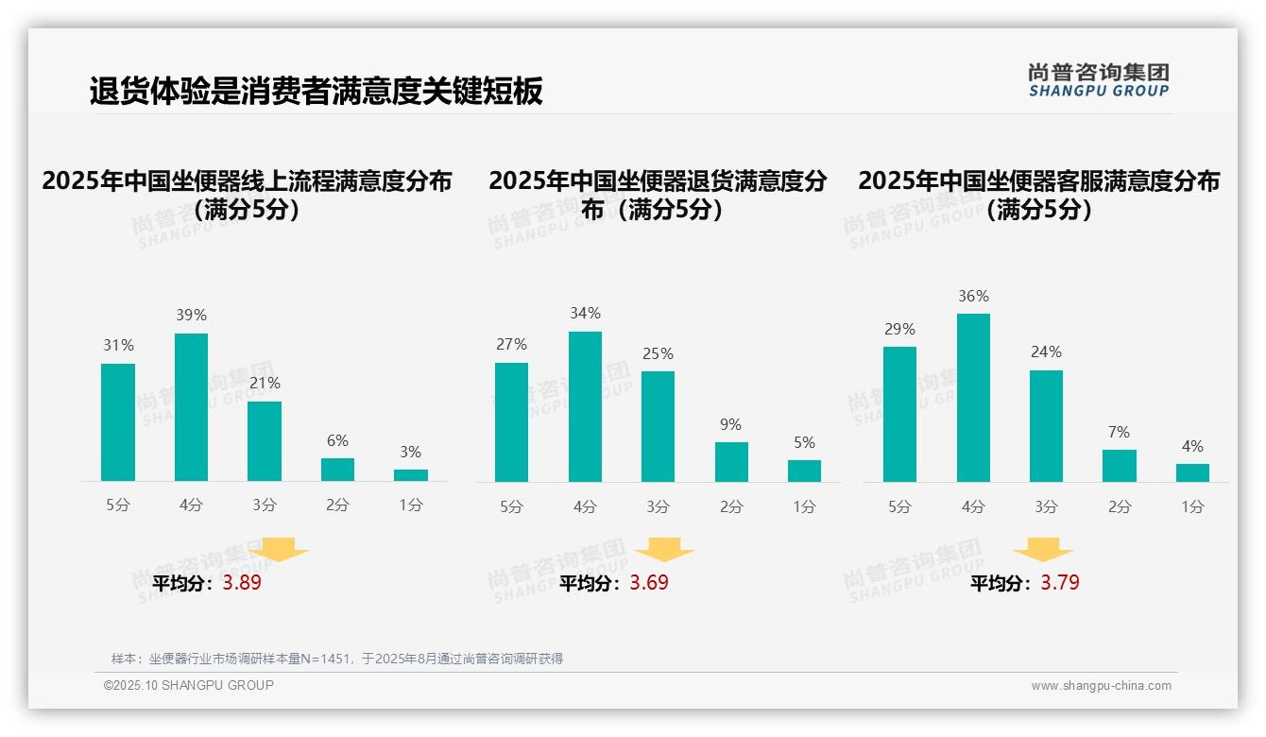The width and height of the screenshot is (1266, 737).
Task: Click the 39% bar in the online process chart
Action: pos(191,407)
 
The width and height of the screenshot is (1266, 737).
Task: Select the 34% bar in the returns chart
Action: pos(585,406)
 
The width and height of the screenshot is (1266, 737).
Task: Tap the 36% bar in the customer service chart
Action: pos(973,398)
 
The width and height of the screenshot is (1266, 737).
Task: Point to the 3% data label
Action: pos(410,453)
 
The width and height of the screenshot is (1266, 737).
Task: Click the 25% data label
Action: pos(658,353)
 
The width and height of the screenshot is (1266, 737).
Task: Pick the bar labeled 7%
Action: pos(1119,466)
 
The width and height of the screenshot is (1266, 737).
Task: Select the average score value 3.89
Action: pos(242,583)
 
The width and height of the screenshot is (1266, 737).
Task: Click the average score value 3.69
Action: pos(649,583)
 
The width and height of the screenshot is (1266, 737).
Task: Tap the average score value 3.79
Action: pos(1060,583)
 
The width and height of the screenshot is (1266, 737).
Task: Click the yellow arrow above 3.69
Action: pos(665,550)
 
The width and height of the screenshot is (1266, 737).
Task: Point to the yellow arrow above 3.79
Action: pos(1043,550)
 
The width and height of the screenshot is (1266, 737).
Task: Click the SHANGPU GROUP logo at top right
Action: pos(1098,80)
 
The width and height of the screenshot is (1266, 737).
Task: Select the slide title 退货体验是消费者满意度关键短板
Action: pos(316,92)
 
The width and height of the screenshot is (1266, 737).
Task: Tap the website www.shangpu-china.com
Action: pos(1101,686)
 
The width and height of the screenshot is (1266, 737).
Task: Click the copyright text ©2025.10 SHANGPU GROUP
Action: pos(189,685)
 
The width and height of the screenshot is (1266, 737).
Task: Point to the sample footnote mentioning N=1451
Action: pos(336,659)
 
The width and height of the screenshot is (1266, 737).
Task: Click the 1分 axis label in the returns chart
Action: pos(804,506)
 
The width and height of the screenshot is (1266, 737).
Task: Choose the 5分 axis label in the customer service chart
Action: pos(899,506)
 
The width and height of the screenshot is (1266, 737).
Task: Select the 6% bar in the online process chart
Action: pos(337,470)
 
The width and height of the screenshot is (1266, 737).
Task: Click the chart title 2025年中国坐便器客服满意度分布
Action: pos(1038,181)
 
